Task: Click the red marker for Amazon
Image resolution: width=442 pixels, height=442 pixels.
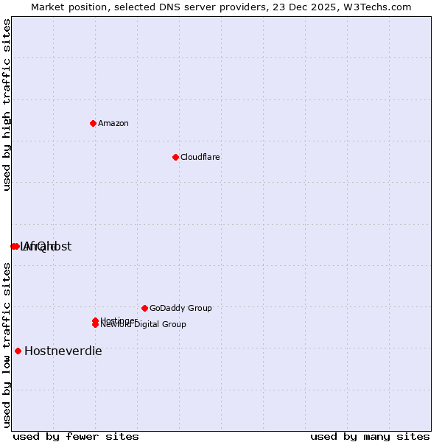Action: click(x=93, y=123)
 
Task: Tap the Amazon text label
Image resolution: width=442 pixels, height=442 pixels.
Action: click(x=113, y=123)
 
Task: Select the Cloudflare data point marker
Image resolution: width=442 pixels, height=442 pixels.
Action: click(x=175, y=157)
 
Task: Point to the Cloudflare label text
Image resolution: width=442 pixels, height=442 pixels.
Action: click(x=200, y=157)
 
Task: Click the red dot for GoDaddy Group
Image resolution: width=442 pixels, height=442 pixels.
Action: click(x=144, y=308)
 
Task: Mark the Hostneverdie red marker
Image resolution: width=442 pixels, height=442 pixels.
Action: click(x=18, y=351)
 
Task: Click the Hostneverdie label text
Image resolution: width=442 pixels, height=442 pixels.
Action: click(x=63, y=351)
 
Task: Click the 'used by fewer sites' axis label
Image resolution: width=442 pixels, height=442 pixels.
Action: click(x=76, y=436)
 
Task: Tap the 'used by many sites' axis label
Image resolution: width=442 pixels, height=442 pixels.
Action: click(x=370, y=436)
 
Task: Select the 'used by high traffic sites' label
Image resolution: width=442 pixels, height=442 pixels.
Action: click(x=7, y=105)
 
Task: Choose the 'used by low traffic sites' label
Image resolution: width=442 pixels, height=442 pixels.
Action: click(x=7, y=345)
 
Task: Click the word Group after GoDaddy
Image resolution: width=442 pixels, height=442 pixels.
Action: click(x=199, y=308)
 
